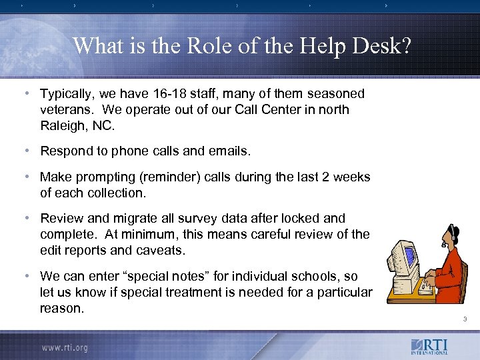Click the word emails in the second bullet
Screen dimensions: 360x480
[x=228, y=151]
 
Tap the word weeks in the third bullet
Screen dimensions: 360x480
[x=351, y=177]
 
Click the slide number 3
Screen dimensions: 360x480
[x=465, y=320]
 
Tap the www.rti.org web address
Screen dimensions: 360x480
[x=65, y=347]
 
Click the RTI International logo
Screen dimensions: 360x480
[x=430, y=347]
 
